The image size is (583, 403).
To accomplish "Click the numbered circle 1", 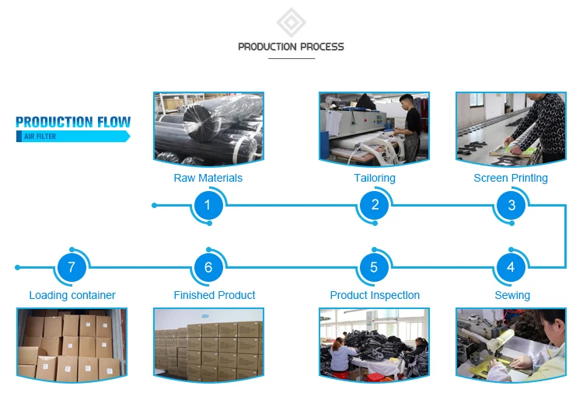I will pos(208,206).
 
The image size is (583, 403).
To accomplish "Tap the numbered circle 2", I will pos(375,206).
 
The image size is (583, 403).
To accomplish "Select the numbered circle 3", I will pos(511,206).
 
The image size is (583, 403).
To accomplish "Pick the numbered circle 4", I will pos(511,268).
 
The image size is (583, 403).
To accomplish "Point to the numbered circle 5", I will pos(374,268).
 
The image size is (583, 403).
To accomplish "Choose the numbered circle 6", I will pos(208,268).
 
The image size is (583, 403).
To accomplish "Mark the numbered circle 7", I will pos(72,268).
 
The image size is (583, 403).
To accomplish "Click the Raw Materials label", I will pos(208,179).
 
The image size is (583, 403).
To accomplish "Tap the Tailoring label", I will pos(375,179).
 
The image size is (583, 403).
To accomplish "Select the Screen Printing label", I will pos(511,179).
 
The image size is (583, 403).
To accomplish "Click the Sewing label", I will pos(512,295).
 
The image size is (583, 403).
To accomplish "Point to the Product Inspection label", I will pos(375,295).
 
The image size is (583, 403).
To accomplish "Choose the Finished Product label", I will pos(215,295).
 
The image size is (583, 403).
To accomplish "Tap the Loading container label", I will pos(72,295).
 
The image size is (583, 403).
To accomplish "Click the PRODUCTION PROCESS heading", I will pos(291,47).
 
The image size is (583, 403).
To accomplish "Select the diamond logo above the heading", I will pos(291,22).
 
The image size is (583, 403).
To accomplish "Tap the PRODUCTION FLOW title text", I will pos(73,122).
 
